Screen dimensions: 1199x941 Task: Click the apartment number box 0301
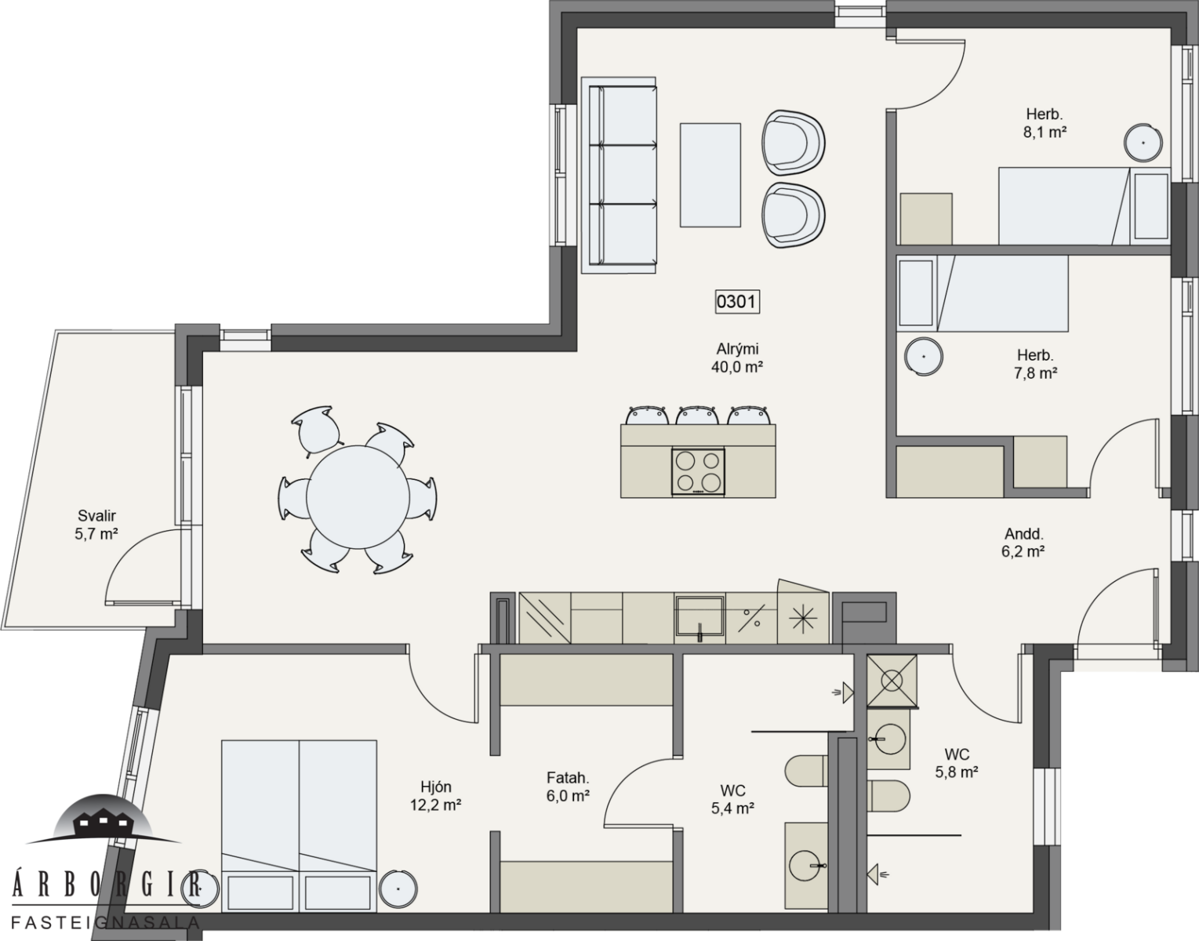[737, 302]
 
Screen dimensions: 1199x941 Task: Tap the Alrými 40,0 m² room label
[737, 358]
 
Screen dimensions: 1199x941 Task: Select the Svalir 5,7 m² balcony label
[96, 525]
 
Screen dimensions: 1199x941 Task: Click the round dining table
[358, 497]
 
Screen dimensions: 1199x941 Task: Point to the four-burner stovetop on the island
[698, 471]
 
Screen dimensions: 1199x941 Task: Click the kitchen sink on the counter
[699, 618]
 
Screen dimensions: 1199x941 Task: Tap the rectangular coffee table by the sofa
[710, 175]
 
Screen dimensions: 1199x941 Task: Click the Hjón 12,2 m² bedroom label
[435, 796]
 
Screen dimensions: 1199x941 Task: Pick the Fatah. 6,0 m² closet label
[568, 787]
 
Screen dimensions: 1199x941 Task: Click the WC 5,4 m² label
[732, 799]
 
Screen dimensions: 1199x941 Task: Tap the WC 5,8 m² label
[956, 763]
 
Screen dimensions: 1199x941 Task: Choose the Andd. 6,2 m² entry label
[1023, 542]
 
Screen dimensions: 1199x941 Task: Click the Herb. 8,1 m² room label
[1045, 123]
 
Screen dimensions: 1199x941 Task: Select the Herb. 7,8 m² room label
[1035, 364]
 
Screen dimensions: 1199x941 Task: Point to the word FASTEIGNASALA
[105, 922]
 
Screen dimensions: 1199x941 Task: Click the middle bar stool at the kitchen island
[696, 415]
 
